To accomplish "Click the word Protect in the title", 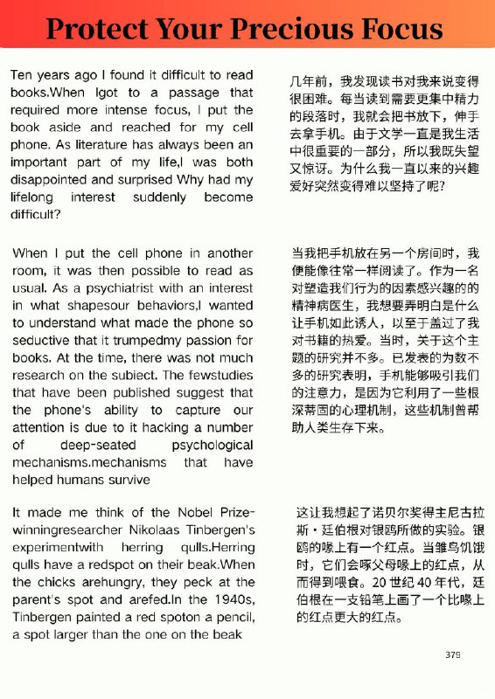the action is pos(94,29).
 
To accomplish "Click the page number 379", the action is pos(452,654).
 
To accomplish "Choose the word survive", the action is pos(127,480).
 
